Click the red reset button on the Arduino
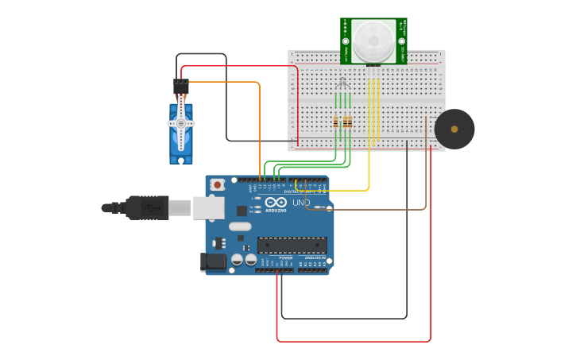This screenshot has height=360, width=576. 217,184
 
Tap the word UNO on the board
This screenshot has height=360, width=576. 301,203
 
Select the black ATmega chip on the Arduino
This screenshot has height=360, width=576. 292,245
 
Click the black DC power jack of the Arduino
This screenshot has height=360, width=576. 212,261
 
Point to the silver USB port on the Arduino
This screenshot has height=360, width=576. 208,207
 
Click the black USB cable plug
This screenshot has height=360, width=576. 147,207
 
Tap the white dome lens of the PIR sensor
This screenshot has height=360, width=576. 373,41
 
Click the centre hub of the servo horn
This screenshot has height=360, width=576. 181,124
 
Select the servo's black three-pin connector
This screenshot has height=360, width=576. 181,85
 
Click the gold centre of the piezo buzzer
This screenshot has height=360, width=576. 454,129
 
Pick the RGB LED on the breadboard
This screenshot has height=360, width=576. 342,84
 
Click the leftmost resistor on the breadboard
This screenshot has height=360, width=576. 336,122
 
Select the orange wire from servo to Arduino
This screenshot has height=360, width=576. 260,127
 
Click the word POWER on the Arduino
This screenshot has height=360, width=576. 285,258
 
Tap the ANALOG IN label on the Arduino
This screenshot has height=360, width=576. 313,258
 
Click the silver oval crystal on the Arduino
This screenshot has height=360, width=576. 240,226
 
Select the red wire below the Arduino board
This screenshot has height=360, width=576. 354,342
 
